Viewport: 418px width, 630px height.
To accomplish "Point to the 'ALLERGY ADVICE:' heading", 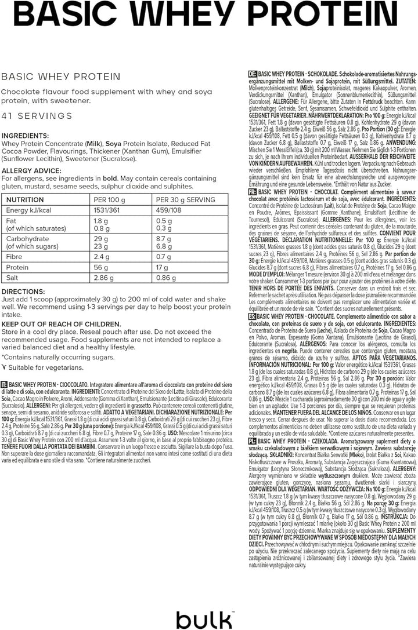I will (33, 170).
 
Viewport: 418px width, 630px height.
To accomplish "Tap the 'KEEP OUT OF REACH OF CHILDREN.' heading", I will (62, 323).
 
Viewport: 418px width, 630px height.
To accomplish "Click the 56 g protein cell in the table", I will (101, 267).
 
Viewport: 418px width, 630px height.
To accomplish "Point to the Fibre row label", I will (16, 256).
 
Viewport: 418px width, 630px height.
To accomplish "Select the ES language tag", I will (252, 316).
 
